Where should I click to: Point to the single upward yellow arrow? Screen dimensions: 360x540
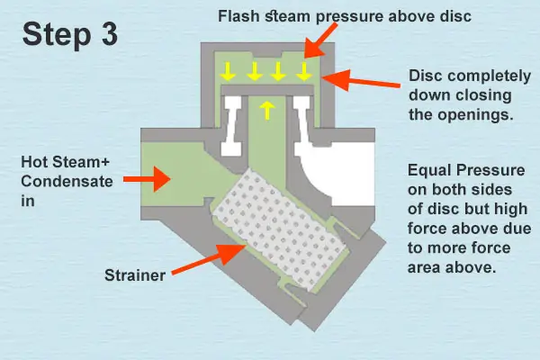point(266,110)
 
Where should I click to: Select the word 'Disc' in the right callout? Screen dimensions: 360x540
point(425,76)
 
